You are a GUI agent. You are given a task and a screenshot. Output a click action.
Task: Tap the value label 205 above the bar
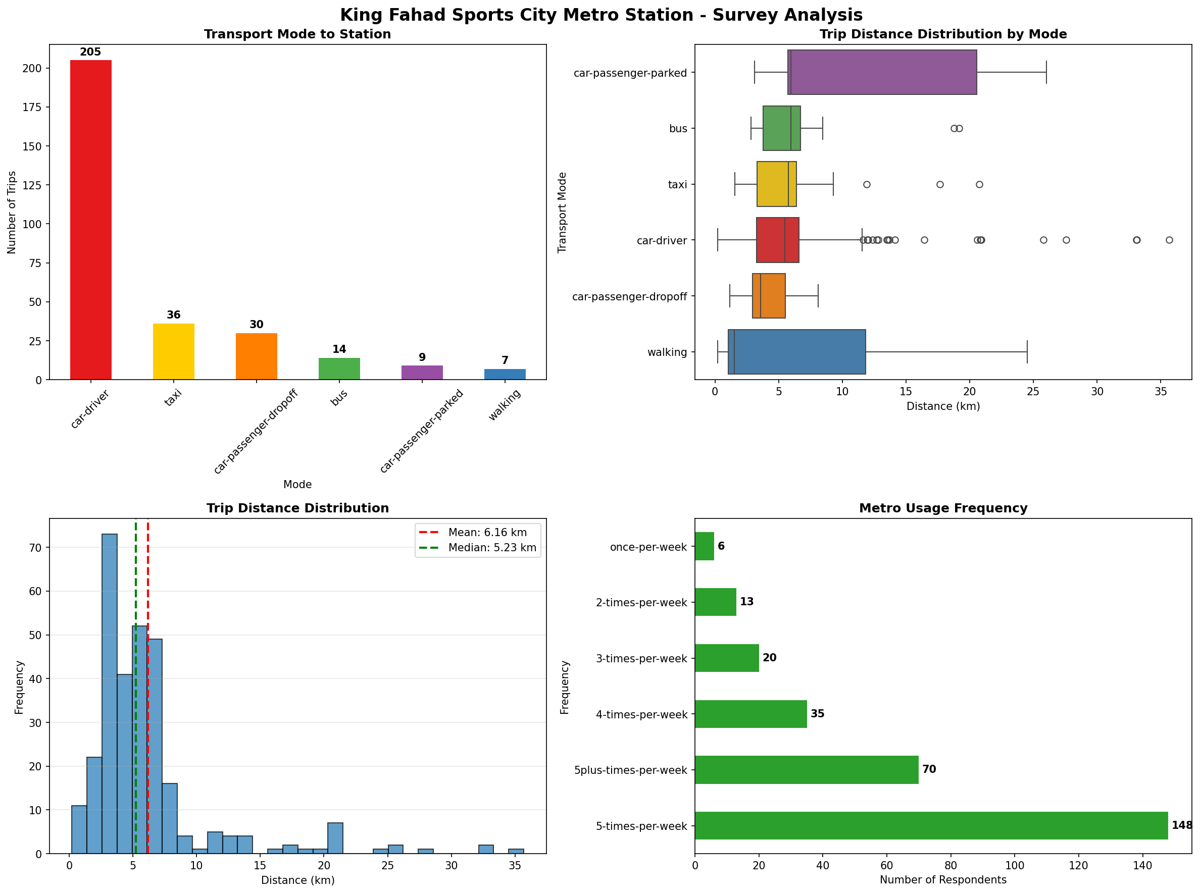(x=90, y=52)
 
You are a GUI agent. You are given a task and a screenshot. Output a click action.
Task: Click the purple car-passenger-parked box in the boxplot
(x=882, y=72)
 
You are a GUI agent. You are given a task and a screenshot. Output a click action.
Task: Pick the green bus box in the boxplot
(x=781, y=128)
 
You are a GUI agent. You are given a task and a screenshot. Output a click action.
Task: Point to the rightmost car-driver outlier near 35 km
(x=1169, y=240)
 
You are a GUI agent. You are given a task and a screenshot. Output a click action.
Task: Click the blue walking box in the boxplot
(x=796, y=352)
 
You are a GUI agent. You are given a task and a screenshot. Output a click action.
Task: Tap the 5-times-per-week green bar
(x=931, y=825)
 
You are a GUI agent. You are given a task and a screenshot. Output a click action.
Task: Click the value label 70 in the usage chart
(x=928, y=769)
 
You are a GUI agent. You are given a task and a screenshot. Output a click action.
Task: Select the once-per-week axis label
(x=648, y=547)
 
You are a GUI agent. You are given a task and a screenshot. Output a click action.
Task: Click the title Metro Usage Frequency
(x=942, y=508)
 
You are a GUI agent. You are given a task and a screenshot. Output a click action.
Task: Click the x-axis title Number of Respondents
(x=942, y=879)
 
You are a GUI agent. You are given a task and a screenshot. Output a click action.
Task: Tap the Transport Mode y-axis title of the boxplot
(x=563, y=212)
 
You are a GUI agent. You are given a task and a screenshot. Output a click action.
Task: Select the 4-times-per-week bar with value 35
(x=750, y=714)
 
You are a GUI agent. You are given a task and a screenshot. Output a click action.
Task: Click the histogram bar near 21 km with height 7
(x=335, y=838)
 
